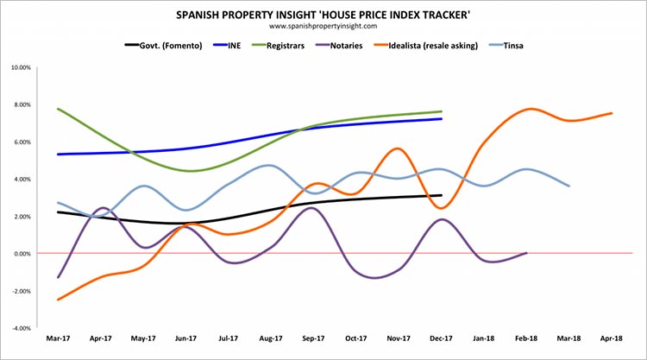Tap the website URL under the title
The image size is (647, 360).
click(x=323, y=26)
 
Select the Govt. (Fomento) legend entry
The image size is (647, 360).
click(x=163, y=46)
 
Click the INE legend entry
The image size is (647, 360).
click(x=227, y=46)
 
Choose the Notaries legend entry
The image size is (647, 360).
click(x=339, y=46)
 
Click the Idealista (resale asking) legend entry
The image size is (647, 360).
click(x=426, y=46)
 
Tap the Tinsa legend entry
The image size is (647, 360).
click(x=506, y=46)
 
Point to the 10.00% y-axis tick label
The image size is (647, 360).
click(x=22, y=67)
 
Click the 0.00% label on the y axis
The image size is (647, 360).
click(x=22, y=254)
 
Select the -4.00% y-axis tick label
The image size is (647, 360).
click(x=22, y=328)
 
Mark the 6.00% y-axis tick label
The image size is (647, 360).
click(x=22, y=142)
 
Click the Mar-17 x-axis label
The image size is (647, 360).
click(x=58, y=338)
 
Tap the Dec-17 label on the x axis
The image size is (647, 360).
click(x=441, y=338)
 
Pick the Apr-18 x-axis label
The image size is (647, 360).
click(x=612, y=338)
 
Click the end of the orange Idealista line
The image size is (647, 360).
click(x=612, y=113)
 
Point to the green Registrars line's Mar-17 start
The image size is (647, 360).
click(x=58, y=109)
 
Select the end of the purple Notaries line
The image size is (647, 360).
click(x=526, y=253)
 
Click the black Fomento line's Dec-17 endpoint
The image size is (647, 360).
click(x=441, y=195)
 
